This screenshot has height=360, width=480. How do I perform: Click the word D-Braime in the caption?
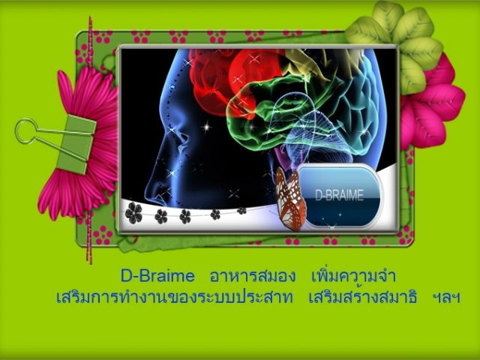pyautogui.click(x=157, y=275)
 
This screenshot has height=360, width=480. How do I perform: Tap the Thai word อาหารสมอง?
pyautogui.click(x=253, y=276)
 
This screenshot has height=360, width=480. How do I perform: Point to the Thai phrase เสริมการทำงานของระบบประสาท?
pyautogui.click(x=174, y=297)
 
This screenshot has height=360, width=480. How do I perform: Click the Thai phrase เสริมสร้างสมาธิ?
pyautogui.click(x=363, y=296)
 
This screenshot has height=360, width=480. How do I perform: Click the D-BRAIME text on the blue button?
pyautogui.click(x=340, y=196)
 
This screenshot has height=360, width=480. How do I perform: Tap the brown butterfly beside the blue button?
pyautogui.click(x=290, y=198)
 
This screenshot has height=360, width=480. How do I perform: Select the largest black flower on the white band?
pyautogui.click(x=133, y=212)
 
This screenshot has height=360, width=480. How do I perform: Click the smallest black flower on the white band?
pyautogui.click(x=241, y=211)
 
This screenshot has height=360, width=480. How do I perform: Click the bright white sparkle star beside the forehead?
pyautogui.click(x=206, y=127)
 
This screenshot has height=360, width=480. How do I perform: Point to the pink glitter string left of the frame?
pyautogui.click(x=90, y=140)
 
